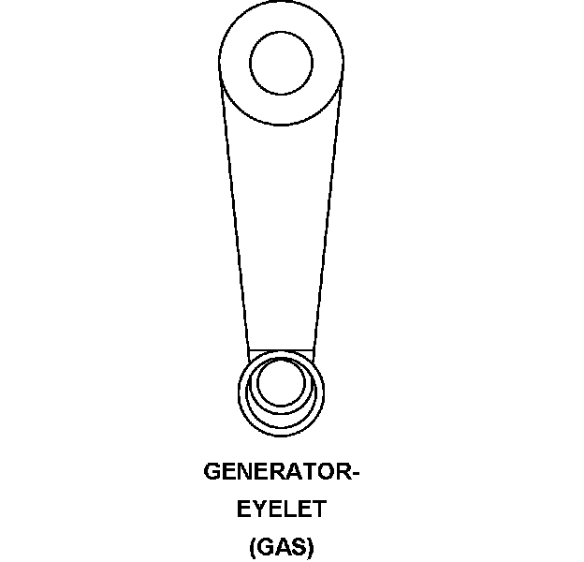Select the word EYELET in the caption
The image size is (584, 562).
coord(282,510)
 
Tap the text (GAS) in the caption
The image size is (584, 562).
coord(282,547)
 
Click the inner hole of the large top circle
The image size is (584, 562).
coord(281,62)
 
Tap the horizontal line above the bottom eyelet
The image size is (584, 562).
coord(281,349)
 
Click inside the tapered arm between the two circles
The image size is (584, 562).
coord(281,234)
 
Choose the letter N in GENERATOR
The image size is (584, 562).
coord(247,472)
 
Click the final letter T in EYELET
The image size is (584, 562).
coord(317,510)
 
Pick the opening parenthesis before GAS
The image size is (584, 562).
coord(253,547)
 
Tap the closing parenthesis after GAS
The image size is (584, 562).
coord(311,547)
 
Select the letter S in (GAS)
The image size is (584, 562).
coord(298,547)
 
